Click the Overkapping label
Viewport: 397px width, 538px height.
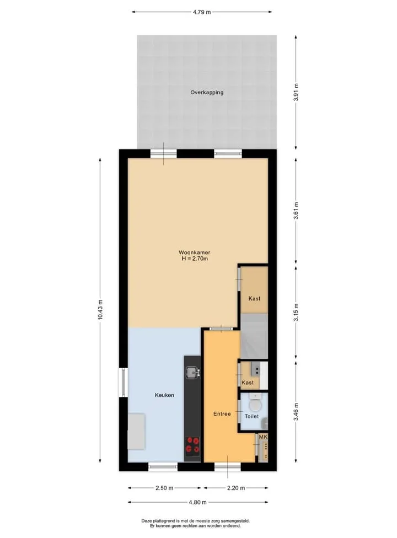click(x=207, y=92)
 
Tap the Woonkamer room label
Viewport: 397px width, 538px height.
click(x=194, y=252)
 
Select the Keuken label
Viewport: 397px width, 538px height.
click(x=164, y=395)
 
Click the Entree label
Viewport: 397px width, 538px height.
click(x=222, y=414)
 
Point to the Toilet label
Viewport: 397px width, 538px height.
click(x=251, y=416)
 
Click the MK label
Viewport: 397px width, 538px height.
click(x=263, y=437)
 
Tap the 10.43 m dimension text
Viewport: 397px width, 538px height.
click(x=100, y=310)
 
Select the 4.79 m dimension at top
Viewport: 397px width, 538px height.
click(x=202, y=12)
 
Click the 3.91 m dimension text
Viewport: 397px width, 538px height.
click(x=296, y=92)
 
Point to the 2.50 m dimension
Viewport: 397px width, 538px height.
click(x=164, y=488)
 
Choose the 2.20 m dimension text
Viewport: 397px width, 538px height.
click(x=236, y=488)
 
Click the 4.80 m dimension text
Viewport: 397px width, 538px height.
click(x=197, y=502)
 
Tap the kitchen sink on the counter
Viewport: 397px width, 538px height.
click(x=192, y=372)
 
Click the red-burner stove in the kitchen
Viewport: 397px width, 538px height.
click(x=192, y=445)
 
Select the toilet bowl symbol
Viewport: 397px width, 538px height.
click(x=255, y=403)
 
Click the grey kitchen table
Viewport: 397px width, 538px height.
click(x=136, y=432)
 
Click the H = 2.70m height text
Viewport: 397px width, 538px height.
click(x=195, y=259)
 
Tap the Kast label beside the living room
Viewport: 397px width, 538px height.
click(x=254, y=299)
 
